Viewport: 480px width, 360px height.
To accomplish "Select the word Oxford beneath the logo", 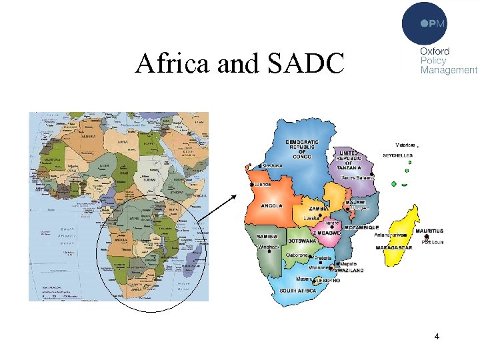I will coord(434,51).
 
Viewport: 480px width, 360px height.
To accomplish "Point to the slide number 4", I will coord(437,337).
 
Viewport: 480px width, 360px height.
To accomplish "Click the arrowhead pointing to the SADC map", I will coord(236,196).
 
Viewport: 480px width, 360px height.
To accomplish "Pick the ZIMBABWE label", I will coord(327,233).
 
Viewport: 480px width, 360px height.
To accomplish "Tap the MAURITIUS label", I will coord(429,231).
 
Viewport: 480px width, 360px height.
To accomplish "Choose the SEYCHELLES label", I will coord(397,155).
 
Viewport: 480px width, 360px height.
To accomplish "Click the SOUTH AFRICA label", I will coord(298,291).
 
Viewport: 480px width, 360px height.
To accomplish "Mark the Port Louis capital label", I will coord(433,242).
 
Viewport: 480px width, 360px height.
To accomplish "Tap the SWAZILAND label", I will coord(349,271).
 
